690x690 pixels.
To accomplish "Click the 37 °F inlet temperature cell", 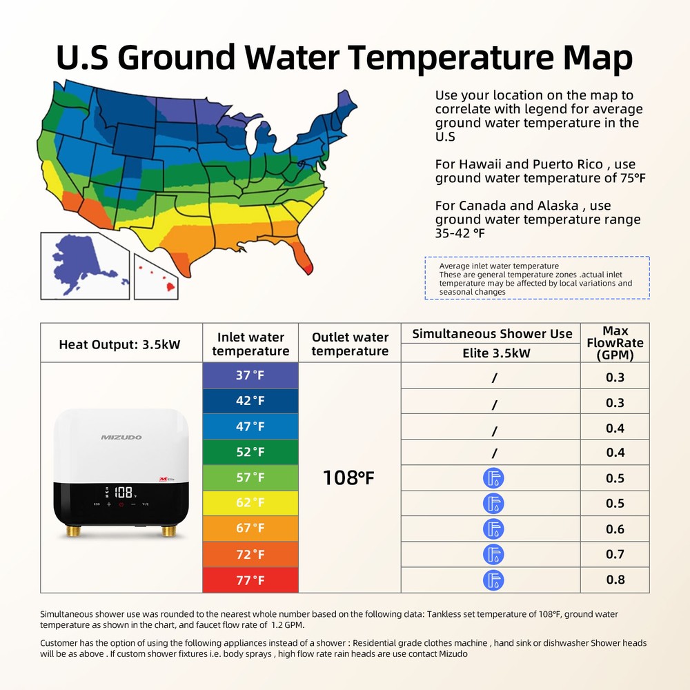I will (x=250, y=375).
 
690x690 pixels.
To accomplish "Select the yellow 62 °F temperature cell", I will (x=250, y=503).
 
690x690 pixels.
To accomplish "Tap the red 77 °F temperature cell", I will (x=250, y=580).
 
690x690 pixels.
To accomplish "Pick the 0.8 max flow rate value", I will (x=615, y=580).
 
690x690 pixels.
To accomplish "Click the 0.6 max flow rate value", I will (x=615, y=529).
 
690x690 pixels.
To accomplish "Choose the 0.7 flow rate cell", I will (x=615, y=554).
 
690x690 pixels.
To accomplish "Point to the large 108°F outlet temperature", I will (x=349, y=477).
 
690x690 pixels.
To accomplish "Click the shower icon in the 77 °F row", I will (x=493, y=580).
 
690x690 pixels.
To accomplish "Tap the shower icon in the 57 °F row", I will (x=493, y=478).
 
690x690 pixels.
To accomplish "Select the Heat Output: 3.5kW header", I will (x=119, y=344).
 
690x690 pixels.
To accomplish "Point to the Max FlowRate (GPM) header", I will (x=615, y=343).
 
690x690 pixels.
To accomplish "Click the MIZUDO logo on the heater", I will (x=121, y=437).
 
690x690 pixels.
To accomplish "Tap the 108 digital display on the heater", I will (x=124, y=493).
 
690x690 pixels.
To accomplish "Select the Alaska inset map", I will (x=84, y=266).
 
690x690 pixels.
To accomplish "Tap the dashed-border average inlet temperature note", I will (x=536, y=278).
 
